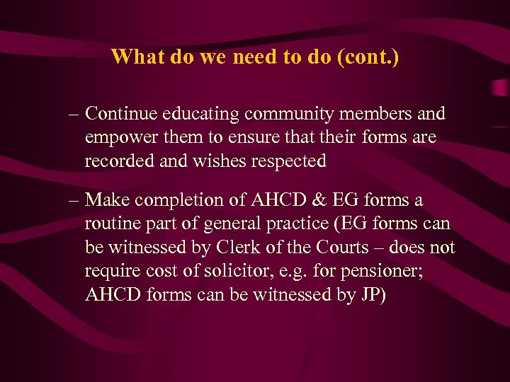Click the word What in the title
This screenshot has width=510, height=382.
point(139,57)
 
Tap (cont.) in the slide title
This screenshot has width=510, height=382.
point(370,57)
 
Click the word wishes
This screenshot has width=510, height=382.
point(217,161)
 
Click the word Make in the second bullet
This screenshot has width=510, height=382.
point(106,201)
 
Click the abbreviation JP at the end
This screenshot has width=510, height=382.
point(369,296)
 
